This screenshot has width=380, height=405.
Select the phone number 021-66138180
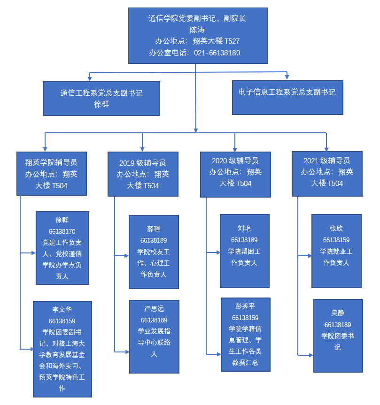point(217,53)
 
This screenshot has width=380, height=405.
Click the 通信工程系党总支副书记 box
point(101,99)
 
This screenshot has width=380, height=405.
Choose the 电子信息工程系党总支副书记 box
point(287,97)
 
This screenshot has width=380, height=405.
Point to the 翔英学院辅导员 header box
point(52,174)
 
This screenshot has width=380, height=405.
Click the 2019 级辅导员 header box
point(143,174)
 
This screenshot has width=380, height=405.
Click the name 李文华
point(62,310)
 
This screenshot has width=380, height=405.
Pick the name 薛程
point(154,229)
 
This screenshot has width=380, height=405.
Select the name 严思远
point(154,309)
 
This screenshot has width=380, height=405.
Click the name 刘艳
point(244,229)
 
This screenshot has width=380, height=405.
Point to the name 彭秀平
point(245,306)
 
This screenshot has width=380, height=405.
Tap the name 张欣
point(336,229)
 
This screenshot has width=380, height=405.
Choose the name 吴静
point(338,313)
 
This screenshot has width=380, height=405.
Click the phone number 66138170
point(62,231)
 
